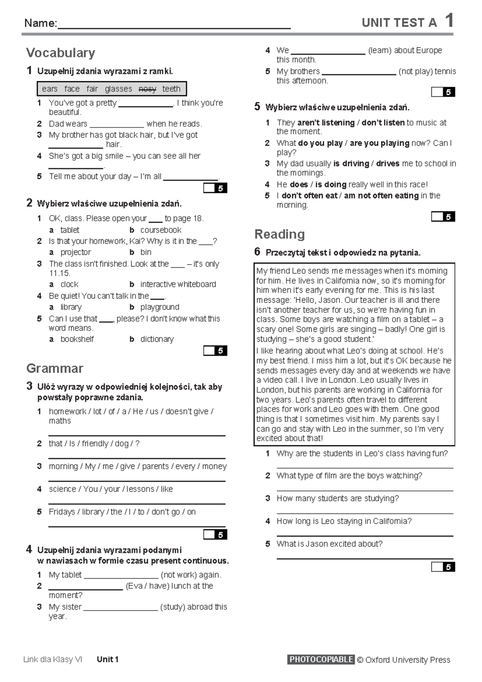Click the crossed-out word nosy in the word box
[147, 89]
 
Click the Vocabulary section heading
[61, 53]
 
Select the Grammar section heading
[55, 368]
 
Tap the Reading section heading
[280, 234]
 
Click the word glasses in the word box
[118, 89]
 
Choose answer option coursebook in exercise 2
[161, 230]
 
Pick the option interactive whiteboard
[178, 284]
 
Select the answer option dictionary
[157, 339]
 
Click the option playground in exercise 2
[159, 307]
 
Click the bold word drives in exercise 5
[388, 164]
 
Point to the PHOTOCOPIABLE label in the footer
[321, 659]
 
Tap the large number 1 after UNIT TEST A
[449, 21]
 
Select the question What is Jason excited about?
[329, 544]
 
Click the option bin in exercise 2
[146, 253]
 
